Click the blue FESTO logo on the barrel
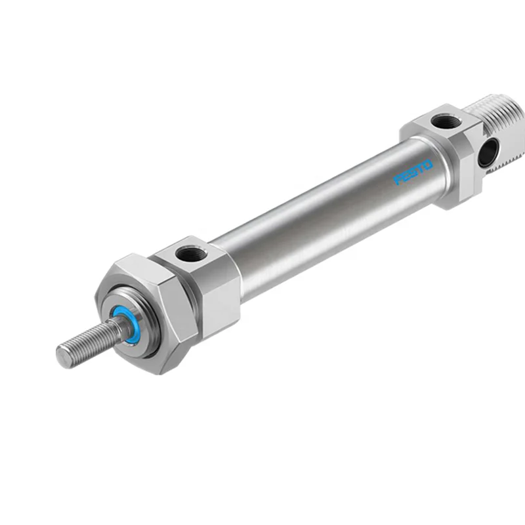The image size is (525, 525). point(413,171)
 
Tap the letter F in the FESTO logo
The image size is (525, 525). point(398,180)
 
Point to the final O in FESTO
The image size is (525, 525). point(429,164)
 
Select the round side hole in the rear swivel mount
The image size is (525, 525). point(486,154)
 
